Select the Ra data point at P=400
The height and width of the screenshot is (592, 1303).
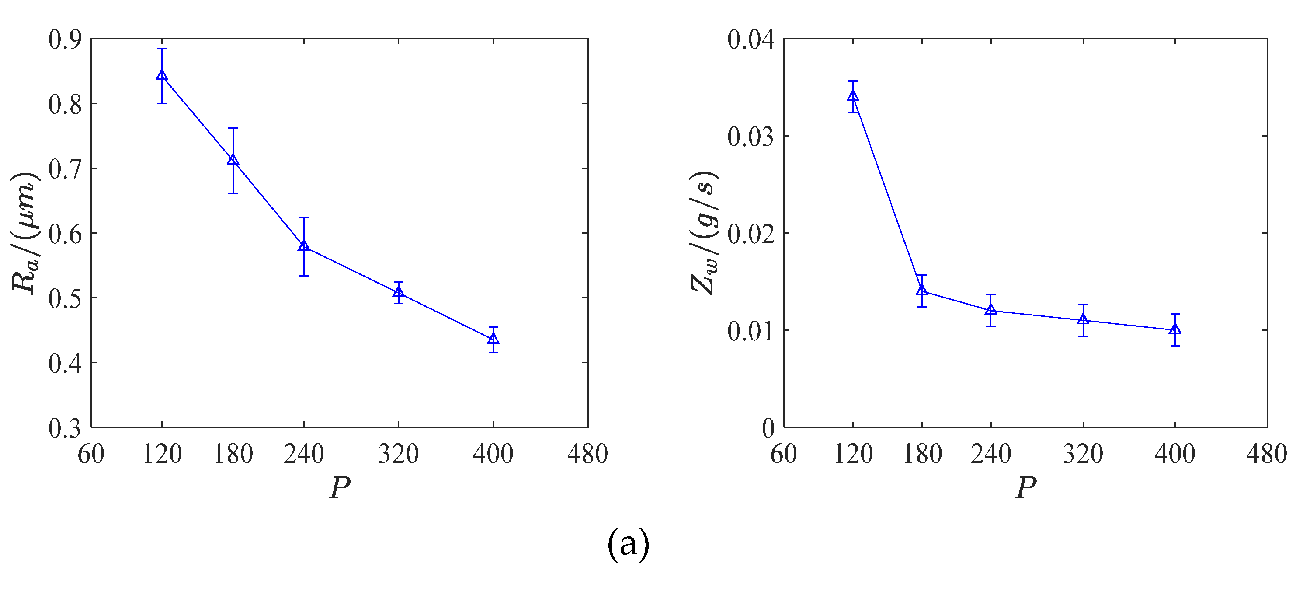493,339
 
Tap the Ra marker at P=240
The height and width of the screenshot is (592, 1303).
303,246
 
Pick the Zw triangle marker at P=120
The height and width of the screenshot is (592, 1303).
853,96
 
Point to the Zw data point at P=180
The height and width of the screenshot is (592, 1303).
922,291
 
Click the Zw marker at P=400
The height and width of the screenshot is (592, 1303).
1175,329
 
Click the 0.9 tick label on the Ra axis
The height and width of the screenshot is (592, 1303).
65,39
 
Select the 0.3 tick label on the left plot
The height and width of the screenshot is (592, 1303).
65,428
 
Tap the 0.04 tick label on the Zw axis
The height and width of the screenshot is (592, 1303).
751,39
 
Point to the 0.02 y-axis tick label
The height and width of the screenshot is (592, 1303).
751,234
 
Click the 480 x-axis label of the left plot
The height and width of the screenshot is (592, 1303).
587,454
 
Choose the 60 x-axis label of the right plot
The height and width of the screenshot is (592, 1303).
784,454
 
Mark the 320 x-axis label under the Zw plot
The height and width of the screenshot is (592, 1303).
1083,454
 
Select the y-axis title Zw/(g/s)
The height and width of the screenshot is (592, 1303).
704,233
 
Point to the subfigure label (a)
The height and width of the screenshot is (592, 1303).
628,544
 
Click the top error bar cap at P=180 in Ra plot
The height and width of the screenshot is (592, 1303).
233,128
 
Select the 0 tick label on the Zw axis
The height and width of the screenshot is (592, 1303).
768,428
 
